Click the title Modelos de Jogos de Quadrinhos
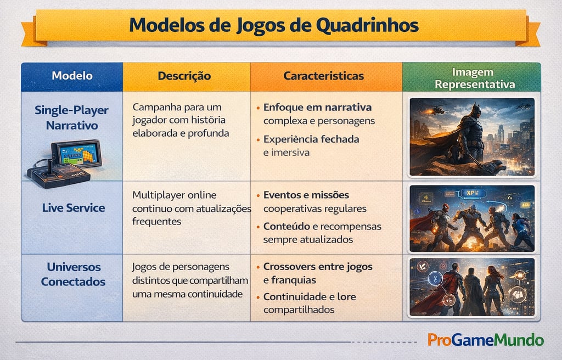tap(274, 25)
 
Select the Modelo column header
tap(72, 76)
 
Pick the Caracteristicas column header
tap(323, 76)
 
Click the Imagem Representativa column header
tap(471, 78)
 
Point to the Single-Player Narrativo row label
tap(72, 117)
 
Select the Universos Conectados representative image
tap(472, 287)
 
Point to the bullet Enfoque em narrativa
tap(317, 114)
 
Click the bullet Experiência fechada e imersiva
tap(311, 145)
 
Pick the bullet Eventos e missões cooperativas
tap(314, 201)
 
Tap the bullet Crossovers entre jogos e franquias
tap(317, 273)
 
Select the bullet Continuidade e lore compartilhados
tap(309, 303)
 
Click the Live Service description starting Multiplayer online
tap(191, 208)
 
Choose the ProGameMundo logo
tap(485, 340)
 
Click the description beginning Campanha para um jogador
tap(180, 120)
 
